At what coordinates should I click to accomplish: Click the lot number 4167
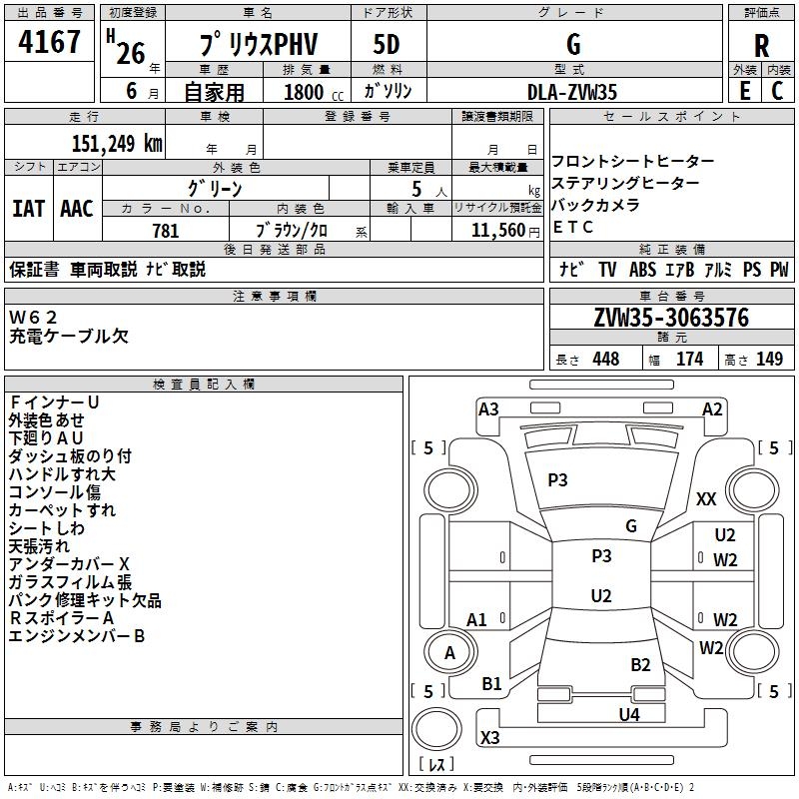(x=49, y=42)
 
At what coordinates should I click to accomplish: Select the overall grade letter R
(x=761, y=46)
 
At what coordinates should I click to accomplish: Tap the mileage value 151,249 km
(x=117, y=143)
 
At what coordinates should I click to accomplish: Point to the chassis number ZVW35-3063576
(x=671, y=318)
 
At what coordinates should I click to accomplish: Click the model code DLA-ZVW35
(x=571, y=92)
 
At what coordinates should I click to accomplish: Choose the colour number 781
(x=166, y=231)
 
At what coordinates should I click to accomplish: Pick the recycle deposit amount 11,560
(x=497, y=231)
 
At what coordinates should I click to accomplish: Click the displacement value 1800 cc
(x=314, y=92)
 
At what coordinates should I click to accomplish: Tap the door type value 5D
(x=387, y=45)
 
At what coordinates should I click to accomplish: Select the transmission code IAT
(x=28, y=209)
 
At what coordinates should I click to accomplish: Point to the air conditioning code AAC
(x=77, y=209)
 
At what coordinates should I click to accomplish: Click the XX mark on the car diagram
(x=706, y=498)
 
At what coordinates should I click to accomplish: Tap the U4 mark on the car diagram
(x=629, y=714)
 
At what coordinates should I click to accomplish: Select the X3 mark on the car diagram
(x=489, y=737)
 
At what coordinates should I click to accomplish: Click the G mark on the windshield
(x=631, y=526)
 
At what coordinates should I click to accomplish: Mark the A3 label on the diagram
(x=488, y=409)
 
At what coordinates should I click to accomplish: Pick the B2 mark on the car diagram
(x=640, y=665)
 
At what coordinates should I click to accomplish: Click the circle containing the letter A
(x=450, y=653)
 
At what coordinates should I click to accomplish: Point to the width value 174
(x=689, y=359)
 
